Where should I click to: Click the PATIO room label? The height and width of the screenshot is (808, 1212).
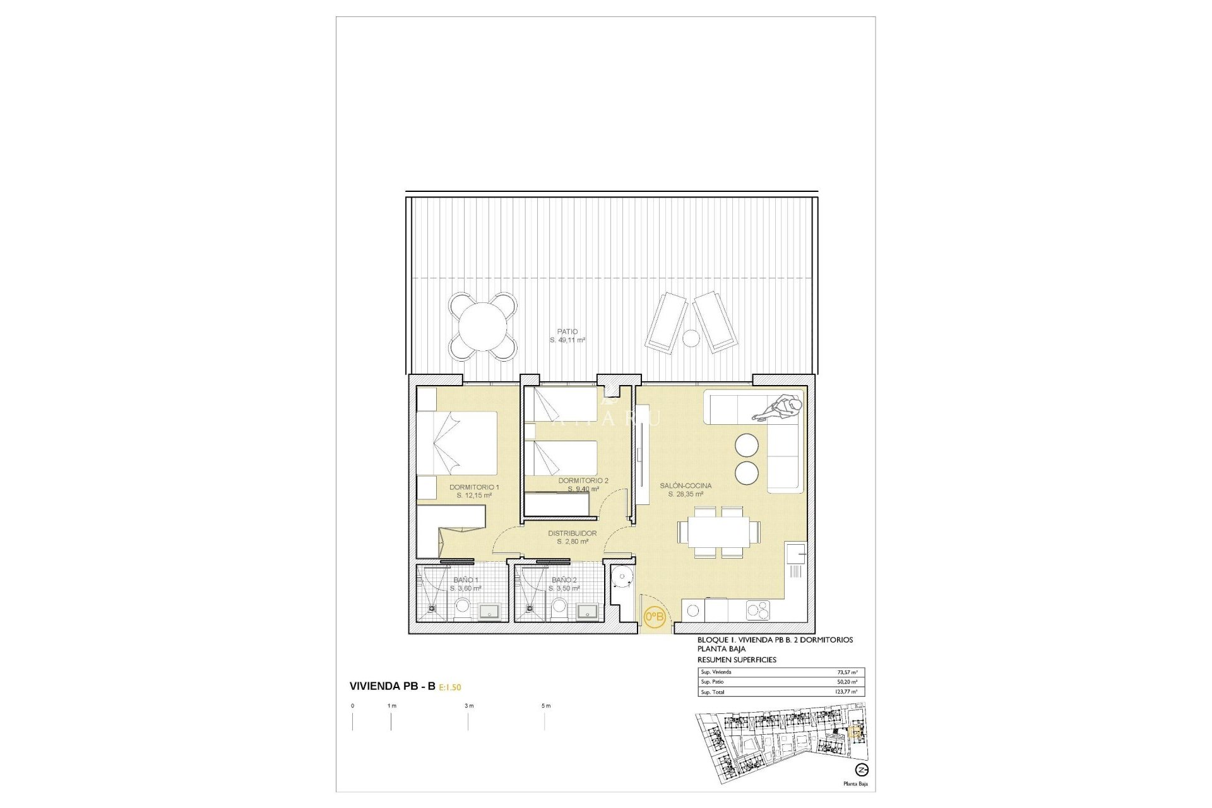[567, 331]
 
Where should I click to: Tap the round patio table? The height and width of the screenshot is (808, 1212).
[483, 327]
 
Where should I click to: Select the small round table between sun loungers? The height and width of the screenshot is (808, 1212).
[691, 338]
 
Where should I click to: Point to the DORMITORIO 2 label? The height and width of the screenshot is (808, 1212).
[583, 481]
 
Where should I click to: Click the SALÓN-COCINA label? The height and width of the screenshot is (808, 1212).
[686, 486]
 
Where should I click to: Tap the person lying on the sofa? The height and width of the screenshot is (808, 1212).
[781, 407]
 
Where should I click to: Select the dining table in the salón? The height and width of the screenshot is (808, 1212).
[718, 532]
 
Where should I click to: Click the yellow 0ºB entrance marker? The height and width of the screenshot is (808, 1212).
[654, 616]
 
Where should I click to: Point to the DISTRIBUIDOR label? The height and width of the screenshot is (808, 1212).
[572, 533]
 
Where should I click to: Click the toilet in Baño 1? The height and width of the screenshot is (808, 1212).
[462, 607]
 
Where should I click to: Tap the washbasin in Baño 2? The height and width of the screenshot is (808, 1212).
[588, 611]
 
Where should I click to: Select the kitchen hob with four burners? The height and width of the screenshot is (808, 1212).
[758, 610]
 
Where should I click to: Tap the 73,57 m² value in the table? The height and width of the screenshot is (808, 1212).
[847, 672]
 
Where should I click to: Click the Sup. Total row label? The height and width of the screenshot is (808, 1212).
[713, 692]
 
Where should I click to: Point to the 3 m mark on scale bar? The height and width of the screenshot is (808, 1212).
[468, 706]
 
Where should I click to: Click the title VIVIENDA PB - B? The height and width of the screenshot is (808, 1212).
[392, 686]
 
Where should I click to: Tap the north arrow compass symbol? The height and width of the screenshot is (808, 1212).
[861, 770]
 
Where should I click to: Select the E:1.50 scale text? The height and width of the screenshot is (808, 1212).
[450, 687]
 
